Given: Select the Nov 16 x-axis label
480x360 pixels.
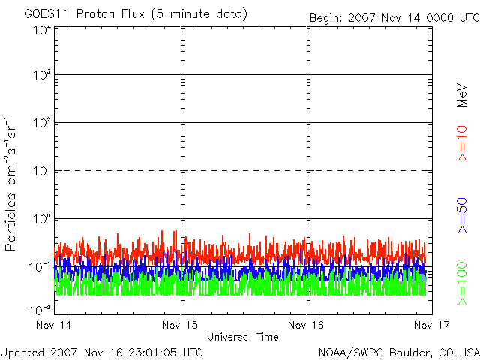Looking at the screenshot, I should (306, 325).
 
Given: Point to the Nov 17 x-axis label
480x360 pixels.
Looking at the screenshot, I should (430, 325).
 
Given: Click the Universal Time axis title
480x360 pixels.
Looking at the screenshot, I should (242, 337).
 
